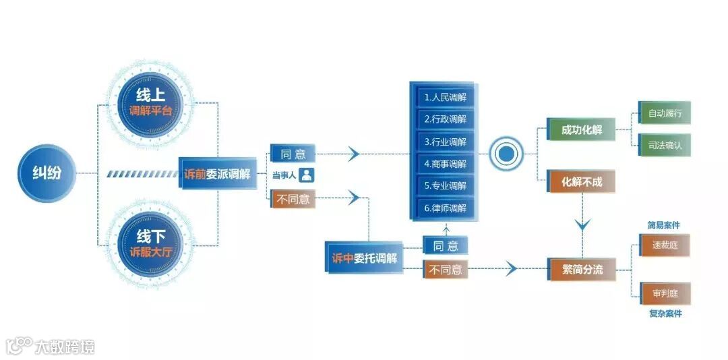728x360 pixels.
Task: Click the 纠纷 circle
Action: (47, 173)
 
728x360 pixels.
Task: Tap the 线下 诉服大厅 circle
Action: (150, 243)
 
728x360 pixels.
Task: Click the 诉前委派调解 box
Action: (217, 173)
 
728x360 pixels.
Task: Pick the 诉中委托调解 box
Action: (365, 258)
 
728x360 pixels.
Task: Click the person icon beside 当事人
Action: (307, 175)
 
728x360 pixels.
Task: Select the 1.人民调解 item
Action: (446, 97)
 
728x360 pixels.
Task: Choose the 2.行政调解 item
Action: (446, 119)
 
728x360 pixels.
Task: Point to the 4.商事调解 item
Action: (446, 164)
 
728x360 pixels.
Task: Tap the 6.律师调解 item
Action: (446, 208)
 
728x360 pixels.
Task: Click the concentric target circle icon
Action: (506, 154)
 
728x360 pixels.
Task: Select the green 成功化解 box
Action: (582, 129)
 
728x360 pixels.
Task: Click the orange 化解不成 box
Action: (582, 181)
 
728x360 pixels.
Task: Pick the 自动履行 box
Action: (665, 113)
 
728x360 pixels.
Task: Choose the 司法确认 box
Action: (665, 145)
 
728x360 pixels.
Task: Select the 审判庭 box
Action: (665, 293)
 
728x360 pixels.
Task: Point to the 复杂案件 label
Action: (665, 314)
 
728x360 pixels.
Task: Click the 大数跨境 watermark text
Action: (65, 347)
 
